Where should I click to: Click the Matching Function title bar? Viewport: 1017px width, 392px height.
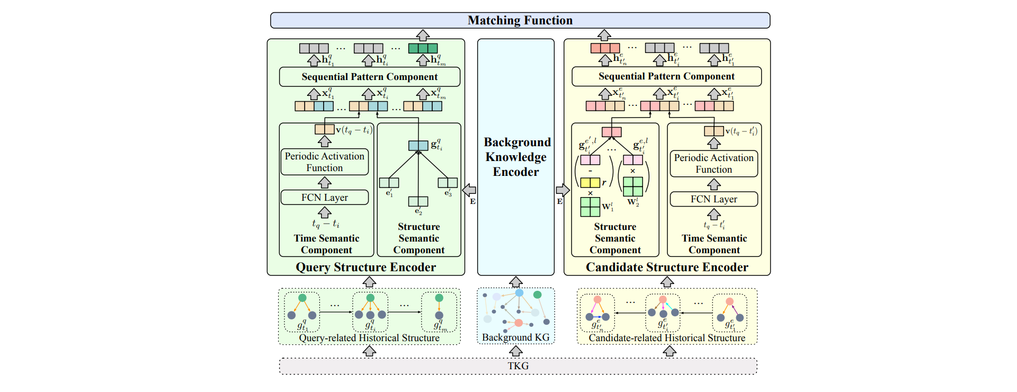[x=520, y=20]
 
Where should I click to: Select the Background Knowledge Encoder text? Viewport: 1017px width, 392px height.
[x=516, y=157]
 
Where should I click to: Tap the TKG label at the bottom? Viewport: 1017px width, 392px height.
[x=518, y=366]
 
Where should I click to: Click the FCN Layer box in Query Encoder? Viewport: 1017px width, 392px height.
[x=324, y=198]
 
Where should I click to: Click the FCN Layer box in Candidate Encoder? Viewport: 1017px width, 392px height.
[x=713, y=199]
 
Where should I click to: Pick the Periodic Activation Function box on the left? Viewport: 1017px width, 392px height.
[x=324, y=162]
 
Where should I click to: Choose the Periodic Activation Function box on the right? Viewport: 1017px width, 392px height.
[x=713, y=164]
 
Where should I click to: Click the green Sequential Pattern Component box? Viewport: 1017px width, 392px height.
[x=369, y=77]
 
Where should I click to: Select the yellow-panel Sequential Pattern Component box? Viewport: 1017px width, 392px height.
[x=666, y=76]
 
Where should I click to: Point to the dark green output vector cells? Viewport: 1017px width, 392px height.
[x=423, y=48]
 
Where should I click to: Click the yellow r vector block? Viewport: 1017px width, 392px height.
[x=590, y=183]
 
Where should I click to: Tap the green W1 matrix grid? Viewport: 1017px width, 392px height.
[x=590, y=207]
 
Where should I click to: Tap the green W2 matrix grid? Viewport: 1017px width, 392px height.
[x=632, y=186]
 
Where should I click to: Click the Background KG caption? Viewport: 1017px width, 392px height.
[x=515, y=337]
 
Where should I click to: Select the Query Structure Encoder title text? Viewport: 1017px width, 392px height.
[x=365, y=267]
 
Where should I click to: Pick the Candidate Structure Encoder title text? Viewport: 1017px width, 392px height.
[x=667, y=267]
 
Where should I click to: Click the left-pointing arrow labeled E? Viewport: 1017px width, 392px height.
[x=469, y=190]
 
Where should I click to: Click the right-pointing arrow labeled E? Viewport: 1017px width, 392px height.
[x=563, y=190]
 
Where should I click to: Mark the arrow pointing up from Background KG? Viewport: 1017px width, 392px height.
[x=515, y=282]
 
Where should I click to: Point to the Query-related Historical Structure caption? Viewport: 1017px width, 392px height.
[x=369, y=338]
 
